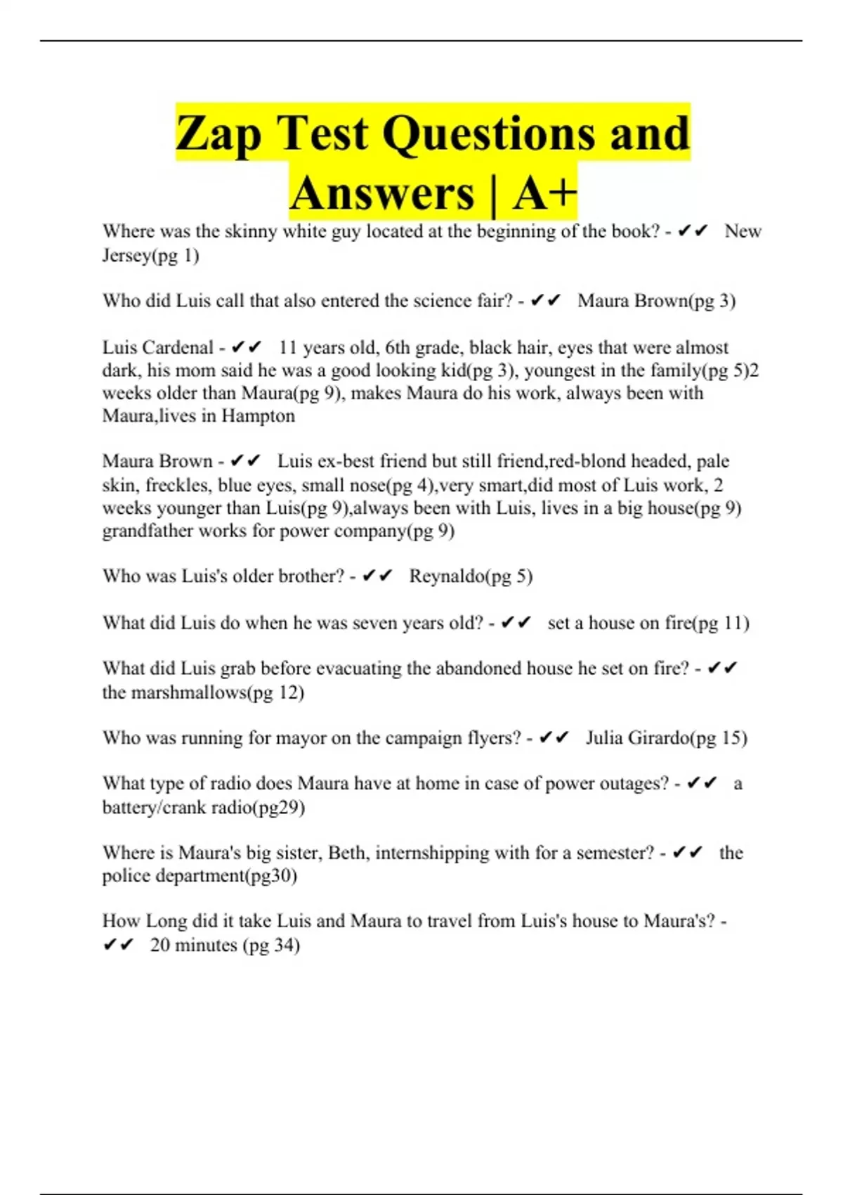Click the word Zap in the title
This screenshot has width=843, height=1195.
[x=218, y=134]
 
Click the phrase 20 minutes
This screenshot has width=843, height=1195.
[x=193, y=945]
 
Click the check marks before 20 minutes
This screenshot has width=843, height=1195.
[x=118, y=945]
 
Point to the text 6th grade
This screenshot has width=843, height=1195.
[x=421, y=348]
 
